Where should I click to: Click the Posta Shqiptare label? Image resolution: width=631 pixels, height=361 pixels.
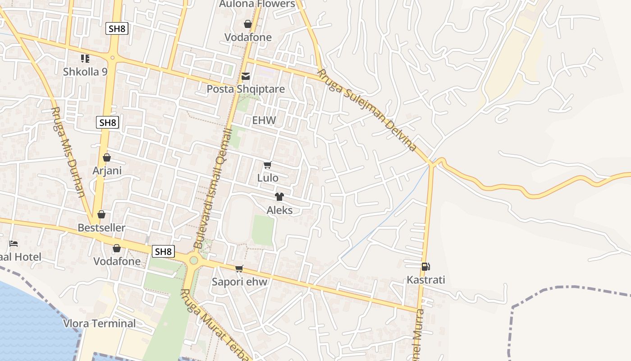point(246,89)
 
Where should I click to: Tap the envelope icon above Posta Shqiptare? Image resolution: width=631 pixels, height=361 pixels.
point(246,76)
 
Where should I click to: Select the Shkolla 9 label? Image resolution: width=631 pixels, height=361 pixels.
point(85,71)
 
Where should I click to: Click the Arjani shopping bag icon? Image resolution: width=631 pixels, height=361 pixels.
point(107,157)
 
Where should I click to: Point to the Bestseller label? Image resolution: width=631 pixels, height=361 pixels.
point(101,227)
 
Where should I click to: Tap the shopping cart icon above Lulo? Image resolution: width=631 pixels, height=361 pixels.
point(268,165)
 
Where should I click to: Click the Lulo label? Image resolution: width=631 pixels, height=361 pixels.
point(268,178)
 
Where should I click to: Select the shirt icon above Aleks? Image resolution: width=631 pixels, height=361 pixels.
point(279,197)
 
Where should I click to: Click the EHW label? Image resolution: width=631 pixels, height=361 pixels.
point(264,120)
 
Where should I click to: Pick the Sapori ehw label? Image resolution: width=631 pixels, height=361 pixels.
point(239,282)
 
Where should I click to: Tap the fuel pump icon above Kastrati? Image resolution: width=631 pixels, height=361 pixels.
point(425,267)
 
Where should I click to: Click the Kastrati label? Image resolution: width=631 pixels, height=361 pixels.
point(426,280)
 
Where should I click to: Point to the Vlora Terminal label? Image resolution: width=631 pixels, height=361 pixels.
point(99,323)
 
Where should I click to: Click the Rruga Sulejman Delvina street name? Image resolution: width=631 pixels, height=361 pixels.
point(366,110)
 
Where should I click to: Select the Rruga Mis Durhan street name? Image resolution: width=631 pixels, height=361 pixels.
point(68,152)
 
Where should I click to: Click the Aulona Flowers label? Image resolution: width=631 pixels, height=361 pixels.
point(257,4)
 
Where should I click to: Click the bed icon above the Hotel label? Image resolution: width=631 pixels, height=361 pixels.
point(14,244)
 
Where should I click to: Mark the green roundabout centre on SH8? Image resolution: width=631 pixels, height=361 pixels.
point(194,260)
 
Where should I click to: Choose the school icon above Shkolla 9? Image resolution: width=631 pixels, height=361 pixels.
point(85,58)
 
